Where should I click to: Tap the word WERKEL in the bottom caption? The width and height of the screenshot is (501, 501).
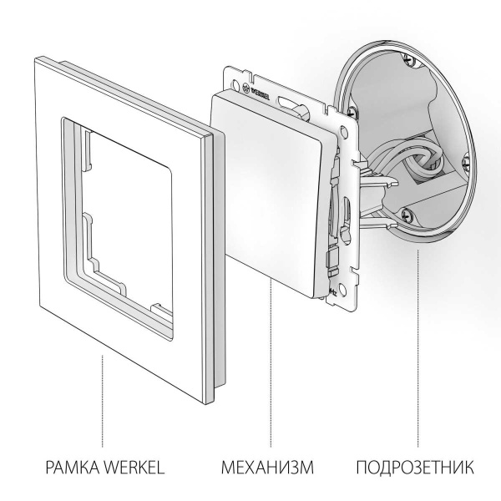129,465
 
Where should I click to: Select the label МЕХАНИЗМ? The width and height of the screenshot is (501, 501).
268,465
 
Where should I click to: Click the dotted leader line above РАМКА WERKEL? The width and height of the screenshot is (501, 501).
103,401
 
